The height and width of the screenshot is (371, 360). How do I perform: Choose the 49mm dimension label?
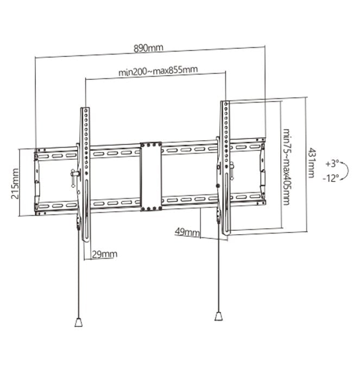coord(186,232)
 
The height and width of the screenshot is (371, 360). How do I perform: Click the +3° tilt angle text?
coord(332,163)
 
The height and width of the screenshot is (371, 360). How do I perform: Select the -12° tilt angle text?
coord(332,177)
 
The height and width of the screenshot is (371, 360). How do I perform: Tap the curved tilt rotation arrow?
coord(345,170)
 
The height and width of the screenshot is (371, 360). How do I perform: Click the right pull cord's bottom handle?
coord(218,316)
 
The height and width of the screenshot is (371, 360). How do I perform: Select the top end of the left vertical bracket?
coord(85,111)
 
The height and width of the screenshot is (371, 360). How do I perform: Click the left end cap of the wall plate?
coord(37,181)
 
